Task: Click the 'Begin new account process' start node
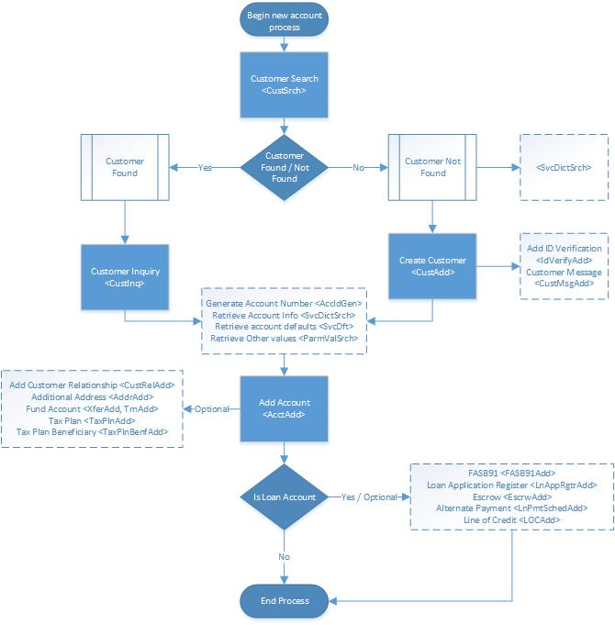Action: pyautogui.click(x=285, y=21)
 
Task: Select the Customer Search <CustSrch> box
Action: pyautogui.click(x=285, y=84)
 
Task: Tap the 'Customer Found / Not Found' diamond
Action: pyautogui.click(x=285, y=167)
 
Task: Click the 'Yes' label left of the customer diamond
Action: pyautogui.click(x=206, y=167)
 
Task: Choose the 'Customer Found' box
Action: pyautogui.click(x=125, y=167)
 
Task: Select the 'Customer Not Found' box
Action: pyautogui.click(x=433, y=167)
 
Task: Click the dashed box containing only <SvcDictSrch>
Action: pyautogui.click(x=564, y=168)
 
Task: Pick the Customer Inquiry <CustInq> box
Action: pyautogui.click(x=125, y=278)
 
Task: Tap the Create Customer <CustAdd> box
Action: pyautogui.click(x=433, y=266)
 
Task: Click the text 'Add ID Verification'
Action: pyautogui.click(x=565, y=249)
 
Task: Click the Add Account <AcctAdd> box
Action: pyautogui.click(x=285, y=408)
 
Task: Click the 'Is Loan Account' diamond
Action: pyautogui.click(x=285, y=497)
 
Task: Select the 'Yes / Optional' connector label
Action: pyautogui.click(x=370, y=497)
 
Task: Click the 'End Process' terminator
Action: pyautogui.click(x=285, y=601)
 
